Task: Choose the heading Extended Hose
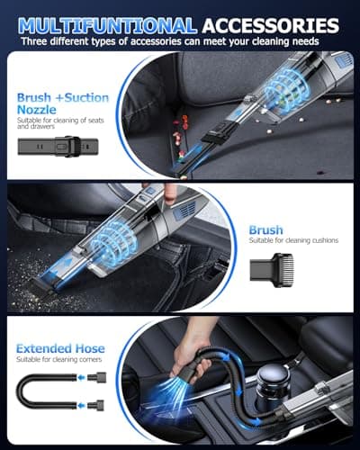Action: pos(59,348)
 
